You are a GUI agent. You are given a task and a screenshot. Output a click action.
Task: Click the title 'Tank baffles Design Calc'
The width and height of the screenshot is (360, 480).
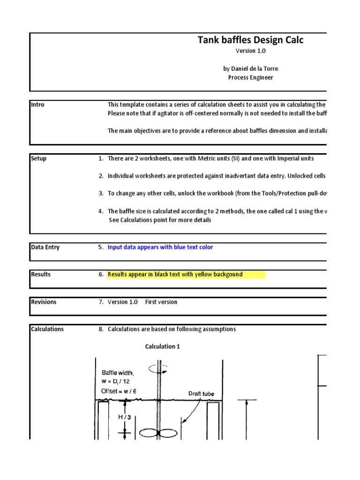250,40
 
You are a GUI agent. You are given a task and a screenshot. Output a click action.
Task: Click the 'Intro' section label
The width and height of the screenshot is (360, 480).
38,105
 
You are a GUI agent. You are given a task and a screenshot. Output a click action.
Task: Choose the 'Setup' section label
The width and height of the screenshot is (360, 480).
39,159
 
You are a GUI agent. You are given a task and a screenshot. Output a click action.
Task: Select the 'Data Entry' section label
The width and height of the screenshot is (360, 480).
45,247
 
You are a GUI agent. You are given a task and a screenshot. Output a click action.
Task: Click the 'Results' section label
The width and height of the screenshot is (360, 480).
41,274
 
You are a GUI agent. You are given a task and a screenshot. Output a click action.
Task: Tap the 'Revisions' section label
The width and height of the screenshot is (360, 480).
44,302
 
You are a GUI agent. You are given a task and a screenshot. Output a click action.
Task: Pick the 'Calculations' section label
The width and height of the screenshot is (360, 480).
47,329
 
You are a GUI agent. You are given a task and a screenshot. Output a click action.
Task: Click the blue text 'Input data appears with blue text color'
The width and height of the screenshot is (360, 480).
160,247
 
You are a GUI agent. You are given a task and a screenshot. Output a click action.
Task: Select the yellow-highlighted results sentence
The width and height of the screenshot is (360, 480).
175,274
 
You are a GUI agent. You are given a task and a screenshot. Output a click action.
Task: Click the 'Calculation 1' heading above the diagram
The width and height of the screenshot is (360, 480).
162,347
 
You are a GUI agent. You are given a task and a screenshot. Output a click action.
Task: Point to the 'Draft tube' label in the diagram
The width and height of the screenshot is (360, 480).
201,394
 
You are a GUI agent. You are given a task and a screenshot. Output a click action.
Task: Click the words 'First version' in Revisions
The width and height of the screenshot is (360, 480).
161,302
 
